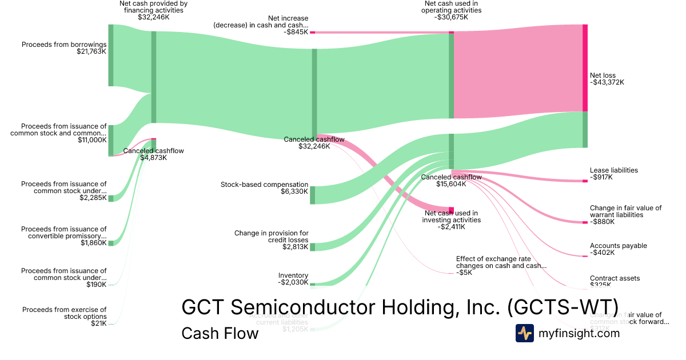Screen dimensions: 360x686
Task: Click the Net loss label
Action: tap(603, 75)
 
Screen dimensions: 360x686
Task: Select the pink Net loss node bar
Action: tap(585, 67)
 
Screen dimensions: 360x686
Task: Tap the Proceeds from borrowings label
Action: tap(64, 44)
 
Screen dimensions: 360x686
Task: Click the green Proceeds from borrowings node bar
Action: tap(111, 55)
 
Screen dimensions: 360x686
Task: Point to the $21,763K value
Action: tap(91, 51)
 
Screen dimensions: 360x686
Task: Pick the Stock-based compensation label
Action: tap(264, 185)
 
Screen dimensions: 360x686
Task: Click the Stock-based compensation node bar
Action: tap(312, 195)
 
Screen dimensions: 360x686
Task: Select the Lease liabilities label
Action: tap(613, 170)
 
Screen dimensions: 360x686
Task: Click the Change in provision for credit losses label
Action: tap(271, 237)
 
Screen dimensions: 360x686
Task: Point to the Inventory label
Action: tap(293, 275)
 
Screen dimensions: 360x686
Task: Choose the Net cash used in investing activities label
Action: tap(450, 216)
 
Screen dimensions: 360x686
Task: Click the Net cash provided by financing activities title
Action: tap(153, 7)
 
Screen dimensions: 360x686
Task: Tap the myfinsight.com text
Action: tap(579, 333)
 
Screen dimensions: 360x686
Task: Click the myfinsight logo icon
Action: tap(524, 333)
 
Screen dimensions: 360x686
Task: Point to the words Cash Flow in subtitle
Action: tap(220, 333)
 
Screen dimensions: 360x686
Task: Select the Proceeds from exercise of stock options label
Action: tap(64, 313)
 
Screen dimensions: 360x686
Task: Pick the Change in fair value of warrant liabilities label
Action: tap(625, 211)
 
